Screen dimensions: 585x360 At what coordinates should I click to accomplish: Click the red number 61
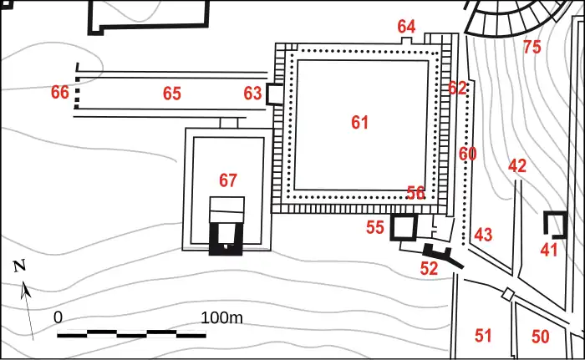coord(359,122)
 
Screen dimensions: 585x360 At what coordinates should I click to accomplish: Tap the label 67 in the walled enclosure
coord(228,180)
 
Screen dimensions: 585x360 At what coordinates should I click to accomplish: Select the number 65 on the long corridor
coord(172,94)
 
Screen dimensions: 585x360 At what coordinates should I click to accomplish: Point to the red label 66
coord(60,92)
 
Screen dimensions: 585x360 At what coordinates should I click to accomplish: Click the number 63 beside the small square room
coord(252,94)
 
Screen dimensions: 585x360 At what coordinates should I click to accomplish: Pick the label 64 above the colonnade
coord(406,27)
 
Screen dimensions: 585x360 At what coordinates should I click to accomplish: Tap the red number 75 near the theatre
coord(532,47)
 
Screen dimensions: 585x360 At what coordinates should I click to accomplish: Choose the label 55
coord(375,227)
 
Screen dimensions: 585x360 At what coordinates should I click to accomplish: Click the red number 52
coord(429,268)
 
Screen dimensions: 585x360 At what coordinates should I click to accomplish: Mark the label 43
coord(483,235)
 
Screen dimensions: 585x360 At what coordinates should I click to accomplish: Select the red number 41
coord(549,250)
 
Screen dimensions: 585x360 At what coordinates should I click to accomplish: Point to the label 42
coord(517,165)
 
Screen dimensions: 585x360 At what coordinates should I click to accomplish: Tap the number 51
coord(483,336)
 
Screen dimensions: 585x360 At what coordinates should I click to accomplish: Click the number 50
coord(540,337)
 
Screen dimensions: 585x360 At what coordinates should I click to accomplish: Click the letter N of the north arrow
coord(19,266)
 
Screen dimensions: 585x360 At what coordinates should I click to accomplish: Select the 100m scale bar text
coord(221,318)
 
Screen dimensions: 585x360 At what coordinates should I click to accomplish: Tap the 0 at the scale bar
coord(58,317)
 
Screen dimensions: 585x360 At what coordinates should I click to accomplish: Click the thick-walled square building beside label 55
coord(404,227)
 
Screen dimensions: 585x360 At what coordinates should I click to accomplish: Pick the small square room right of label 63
coord(275,94)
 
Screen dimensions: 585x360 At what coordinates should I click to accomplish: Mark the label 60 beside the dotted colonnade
coord(467,154)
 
